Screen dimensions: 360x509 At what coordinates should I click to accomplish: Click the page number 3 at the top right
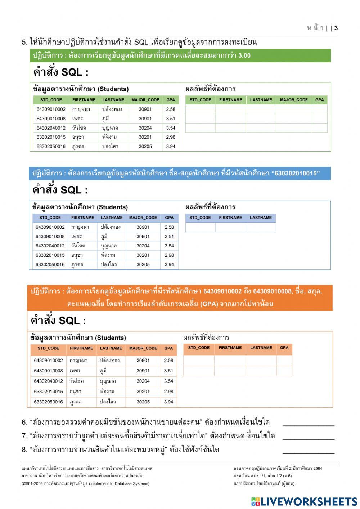[336, 28]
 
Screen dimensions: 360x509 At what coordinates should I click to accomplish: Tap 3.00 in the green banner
[244, 55]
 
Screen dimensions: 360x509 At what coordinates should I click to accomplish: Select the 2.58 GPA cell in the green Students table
[171, 109]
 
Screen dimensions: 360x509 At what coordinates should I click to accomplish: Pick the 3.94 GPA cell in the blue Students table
[169, 264]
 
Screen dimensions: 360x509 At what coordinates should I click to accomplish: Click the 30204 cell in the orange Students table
[143, 381]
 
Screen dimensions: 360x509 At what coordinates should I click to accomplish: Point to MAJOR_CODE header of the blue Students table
[143, 218]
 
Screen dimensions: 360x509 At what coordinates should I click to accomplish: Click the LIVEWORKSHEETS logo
[304, 501]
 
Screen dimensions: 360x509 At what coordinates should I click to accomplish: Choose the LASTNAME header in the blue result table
[261, 218]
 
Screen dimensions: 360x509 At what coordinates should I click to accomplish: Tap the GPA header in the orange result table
[284, 348]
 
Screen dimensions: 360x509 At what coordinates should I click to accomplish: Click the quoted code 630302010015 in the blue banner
[297, 173]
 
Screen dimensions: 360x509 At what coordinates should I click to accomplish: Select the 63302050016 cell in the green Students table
[51, 146]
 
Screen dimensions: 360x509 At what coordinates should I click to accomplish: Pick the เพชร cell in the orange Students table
[76, 371]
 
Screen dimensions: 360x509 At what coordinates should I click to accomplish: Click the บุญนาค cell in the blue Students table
[109, 246]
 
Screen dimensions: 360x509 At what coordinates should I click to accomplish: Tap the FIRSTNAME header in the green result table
[231, 100]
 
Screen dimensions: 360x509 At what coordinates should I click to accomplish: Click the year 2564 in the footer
[318, 468]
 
